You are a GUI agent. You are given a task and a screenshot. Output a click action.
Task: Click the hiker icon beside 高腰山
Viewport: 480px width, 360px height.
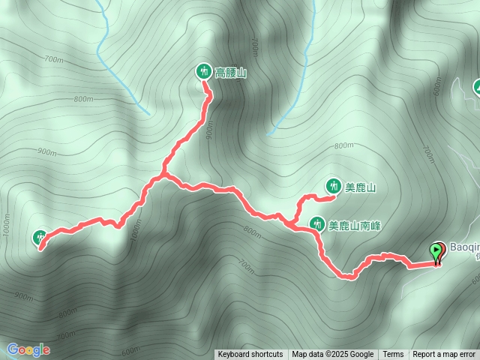[x=202, y=72]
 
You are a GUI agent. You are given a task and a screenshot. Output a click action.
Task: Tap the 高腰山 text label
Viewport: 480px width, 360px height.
[x=231, y=73]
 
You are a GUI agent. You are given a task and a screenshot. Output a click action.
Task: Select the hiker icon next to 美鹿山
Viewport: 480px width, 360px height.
[x=332, y=185]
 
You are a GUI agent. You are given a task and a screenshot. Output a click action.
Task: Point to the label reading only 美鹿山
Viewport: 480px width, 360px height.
[x=360, y=188]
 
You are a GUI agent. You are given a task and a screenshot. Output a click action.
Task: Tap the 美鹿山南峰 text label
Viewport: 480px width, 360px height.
[x=355, y=225]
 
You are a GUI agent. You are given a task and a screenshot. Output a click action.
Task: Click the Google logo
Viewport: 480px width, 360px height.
[x=28, y=349]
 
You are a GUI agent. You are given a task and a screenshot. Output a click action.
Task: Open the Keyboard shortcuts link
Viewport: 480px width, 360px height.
[x=250, y=355]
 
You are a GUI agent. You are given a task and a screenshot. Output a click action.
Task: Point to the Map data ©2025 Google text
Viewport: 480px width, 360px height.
[x=333, y=355]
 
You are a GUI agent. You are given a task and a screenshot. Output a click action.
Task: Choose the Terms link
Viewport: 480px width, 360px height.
[x=393, y=355]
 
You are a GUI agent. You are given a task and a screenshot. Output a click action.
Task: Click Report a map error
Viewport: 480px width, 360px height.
[x=444, y=355]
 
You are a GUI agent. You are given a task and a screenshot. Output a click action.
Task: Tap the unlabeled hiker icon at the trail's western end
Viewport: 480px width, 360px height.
[x=40, y=238]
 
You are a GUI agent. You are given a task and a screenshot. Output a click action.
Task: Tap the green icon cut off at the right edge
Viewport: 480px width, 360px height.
[x=476, y=88]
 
